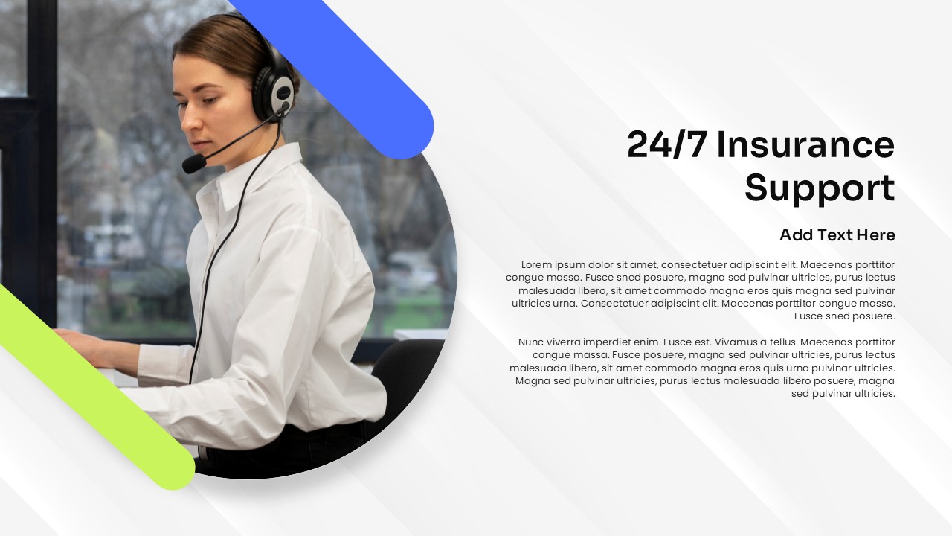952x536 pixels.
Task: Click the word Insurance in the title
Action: point(805,145)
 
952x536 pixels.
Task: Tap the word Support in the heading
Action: point(820,188)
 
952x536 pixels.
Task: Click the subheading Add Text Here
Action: point(837,234)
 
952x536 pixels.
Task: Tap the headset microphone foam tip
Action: point(194,164)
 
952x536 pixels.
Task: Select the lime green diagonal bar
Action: point(94,387)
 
